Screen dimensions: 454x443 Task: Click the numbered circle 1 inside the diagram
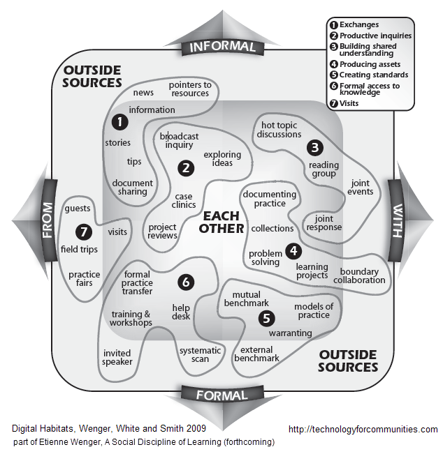(120, 122)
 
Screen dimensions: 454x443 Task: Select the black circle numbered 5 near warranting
(266, 319)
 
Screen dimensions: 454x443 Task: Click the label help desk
(182, 312)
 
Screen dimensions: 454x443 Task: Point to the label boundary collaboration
(363, 275)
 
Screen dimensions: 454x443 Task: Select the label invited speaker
(117, 357)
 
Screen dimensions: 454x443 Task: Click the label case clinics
(184, 201)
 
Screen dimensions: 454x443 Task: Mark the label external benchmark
(256, 354)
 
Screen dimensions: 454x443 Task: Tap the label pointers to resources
(189, 89)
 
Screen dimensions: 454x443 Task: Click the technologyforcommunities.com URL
(363, 429)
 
